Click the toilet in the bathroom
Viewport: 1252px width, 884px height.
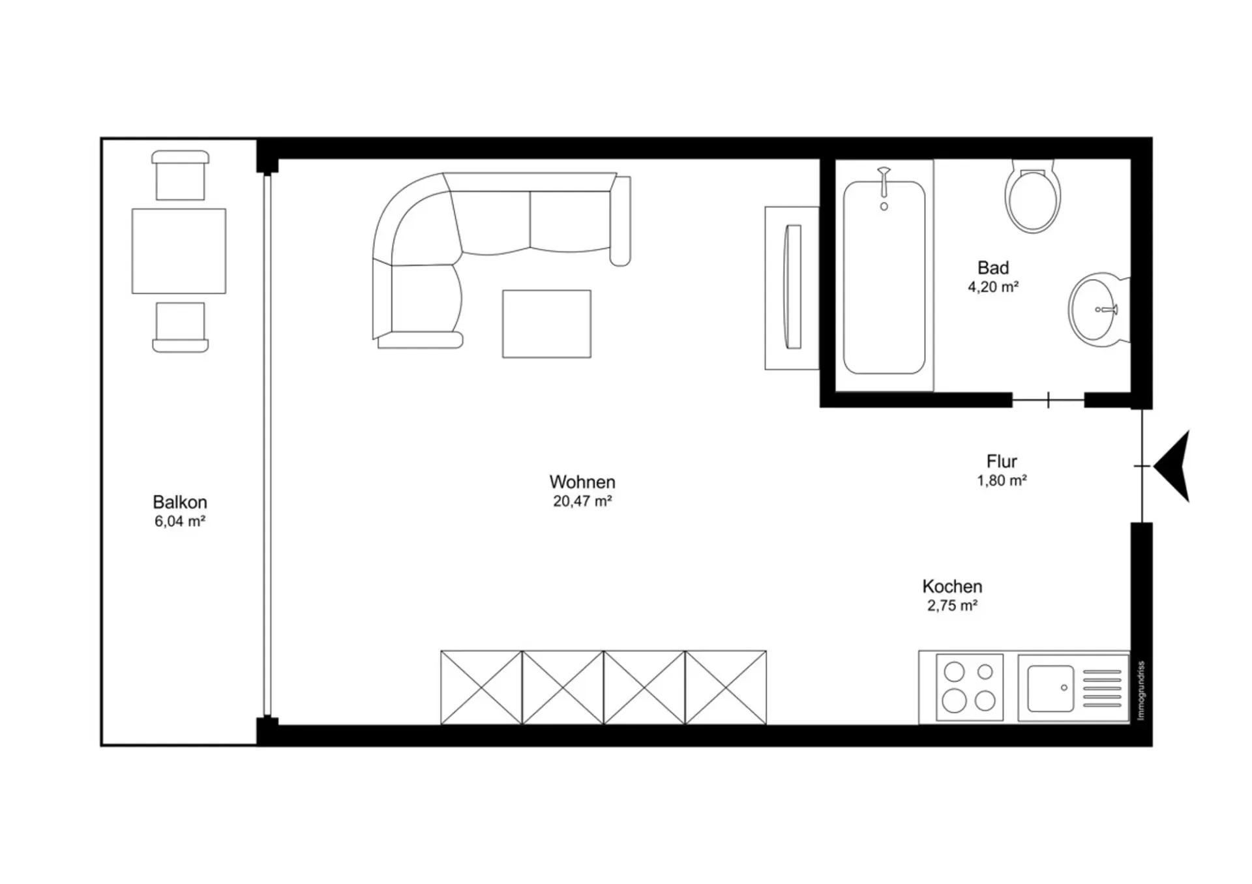1032,196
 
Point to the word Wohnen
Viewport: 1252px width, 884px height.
582,482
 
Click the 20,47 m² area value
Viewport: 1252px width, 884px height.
582,501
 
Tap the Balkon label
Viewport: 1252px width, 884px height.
180,502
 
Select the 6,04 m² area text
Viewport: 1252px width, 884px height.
180,522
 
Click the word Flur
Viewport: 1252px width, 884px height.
1002,462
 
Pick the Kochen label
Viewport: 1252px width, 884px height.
952,586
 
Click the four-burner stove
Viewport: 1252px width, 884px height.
970,687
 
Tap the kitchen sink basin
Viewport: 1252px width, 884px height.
1051,688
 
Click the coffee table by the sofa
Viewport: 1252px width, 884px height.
546,324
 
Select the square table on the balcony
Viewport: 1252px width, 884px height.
179,251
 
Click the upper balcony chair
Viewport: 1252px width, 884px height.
181,175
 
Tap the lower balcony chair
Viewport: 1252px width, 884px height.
181,327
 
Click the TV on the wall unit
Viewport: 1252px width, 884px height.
794,287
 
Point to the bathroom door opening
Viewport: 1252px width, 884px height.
1049,400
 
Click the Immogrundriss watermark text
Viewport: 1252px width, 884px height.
1140,690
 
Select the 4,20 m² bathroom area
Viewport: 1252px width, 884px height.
993,287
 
